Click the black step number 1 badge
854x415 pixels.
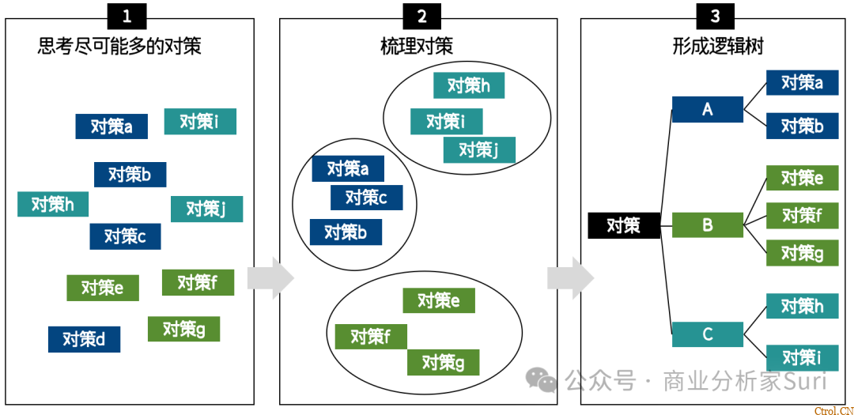[x=127, y=16]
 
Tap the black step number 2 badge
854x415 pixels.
[x=421, y=16]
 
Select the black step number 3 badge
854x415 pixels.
[x=715, y=16]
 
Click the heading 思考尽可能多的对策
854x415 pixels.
[x=119, y=46]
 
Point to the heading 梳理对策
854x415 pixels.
[x=417, y=46]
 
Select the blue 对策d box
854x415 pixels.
[x=84, y=339]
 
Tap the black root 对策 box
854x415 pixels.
[x=624, y=225]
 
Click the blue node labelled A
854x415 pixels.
[x=708, y=109]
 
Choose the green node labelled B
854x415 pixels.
[x=708, y=225]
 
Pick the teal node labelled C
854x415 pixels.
[x=708, y=334]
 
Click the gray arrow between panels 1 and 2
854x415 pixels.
[x=270, y=278]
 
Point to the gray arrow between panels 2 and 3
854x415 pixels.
[x=570, y=278]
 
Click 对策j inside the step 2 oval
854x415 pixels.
[x=479, y=149]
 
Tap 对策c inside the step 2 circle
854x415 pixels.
[x=366, y=198]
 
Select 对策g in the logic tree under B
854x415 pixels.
[x=803, y=253]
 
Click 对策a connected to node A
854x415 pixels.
[x=803, y=82]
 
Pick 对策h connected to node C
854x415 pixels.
[x=803, y=306]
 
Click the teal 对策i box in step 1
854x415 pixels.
[x=200, y=122]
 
